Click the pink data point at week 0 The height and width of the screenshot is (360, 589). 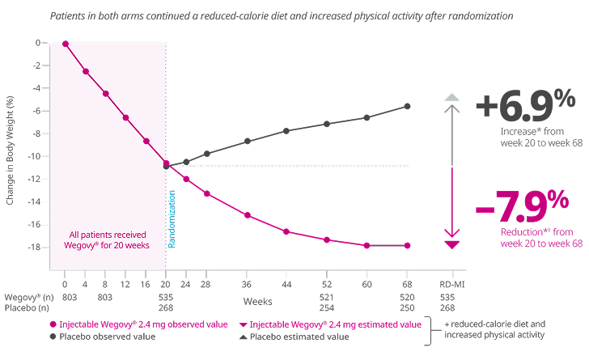[x=66, y=44]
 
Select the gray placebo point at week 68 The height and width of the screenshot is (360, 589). [x=407, y=106]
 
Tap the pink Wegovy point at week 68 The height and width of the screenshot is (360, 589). [x=407, y=246]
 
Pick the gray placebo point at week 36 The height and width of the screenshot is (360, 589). [x=248, y=141]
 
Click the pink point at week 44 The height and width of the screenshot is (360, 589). [x=286, y=231]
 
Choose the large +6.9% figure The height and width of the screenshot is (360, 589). [x=524, y=106]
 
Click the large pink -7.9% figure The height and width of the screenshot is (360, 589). [x=522, y=209]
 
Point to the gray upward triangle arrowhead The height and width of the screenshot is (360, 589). [x=452, y=97]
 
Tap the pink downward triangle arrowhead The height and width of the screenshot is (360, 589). [x=452, y=244]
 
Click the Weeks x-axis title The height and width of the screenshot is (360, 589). [x=257, y=299]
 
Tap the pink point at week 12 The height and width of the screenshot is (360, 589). [x=125, y=117]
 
